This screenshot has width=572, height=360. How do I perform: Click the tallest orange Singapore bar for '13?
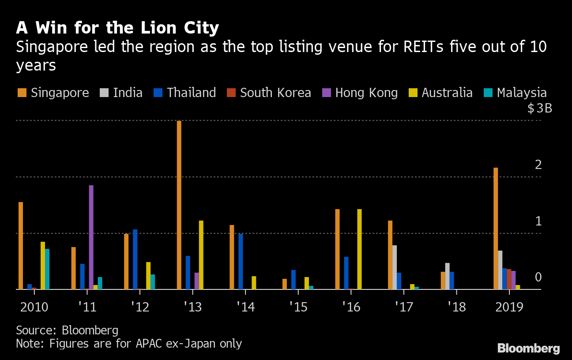(179, 205)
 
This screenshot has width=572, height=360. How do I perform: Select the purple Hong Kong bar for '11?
(91, 237)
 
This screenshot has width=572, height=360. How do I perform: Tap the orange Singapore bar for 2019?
(496, 229)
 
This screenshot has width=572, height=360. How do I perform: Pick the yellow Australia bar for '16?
(359, 249)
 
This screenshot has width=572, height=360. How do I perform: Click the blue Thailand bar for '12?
(135, 259)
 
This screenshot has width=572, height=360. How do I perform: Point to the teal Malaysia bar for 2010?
(47, 269)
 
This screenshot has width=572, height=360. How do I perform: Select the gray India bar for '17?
(394, 267)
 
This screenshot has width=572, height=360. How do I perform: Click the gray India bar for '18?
(447, 276)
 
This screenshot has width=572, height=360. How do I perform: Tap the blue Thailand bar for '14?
(241, 261)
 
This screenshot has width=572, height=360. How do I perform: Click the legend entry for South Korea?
(269, 93)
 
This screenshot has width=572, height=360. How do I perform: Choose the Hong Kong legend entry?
(360, 93)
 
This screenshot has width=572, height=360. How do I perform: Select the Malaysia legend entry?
(516, 93)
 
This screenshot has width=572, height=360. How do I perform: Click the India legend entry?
(122, 93)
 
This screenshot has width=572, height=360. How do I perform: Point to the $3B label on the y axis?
(539, 109)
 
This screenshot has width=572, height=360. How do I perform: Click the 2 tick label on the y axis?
(538, 165)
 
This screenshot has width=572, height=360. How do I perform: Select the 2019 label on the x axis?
(509, 307)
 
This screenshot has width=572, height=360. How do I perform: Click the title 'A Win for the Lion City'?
(117, 28)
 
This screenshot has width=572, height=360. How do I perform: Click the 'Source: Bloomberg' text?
(67, 330)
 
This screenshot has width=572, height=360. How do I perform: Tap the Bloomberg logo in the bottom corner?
(528, 349)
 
